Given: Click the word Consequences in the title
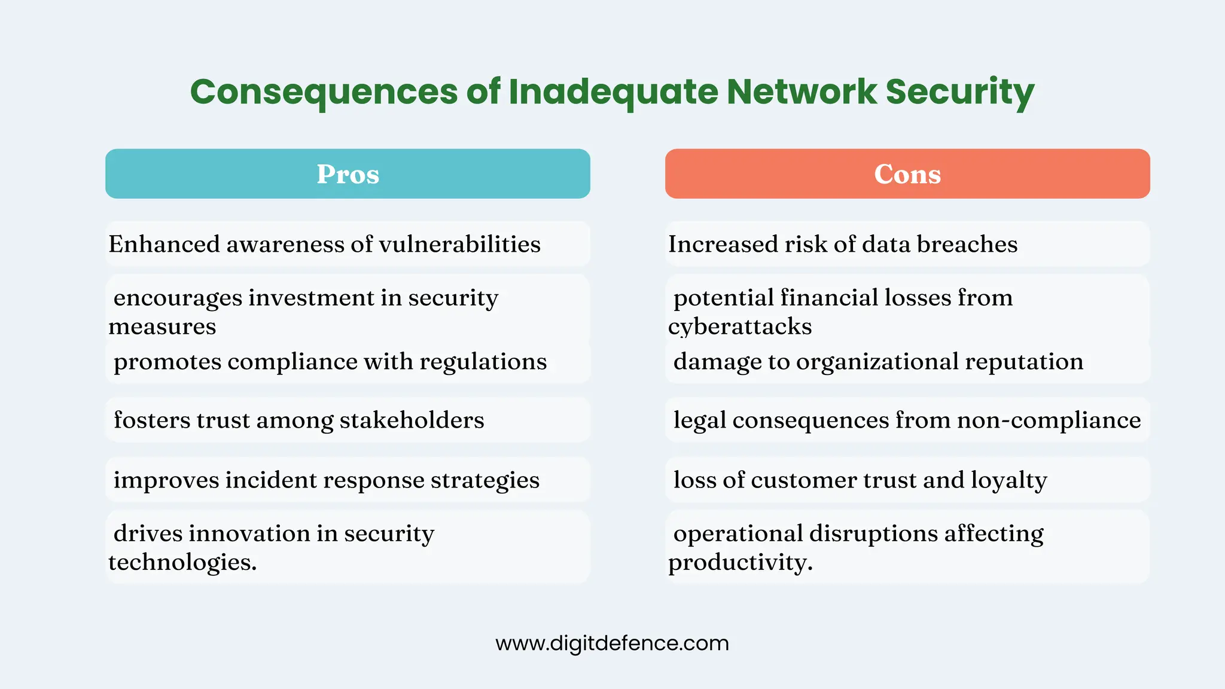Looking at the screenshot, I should pos(324,92).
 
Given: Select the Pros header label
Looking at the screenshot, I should pos(348,174).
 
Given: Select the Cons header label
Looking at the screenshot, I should pos(907,174).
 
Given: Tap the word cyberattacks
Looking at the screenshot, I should pos(740,327).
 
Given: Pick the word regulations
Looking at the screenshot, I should pos(483,361).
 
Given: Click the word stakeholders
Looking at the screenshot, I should pos(412,420).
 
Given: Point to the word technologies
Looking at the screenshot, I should pos(182,562).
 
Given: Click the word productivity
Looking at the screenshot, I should pos(740,562).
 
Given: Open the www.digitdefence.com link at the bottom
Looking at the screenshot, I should pos(612,644).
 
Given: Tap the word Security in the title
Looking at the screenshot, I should pos(959,92).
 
